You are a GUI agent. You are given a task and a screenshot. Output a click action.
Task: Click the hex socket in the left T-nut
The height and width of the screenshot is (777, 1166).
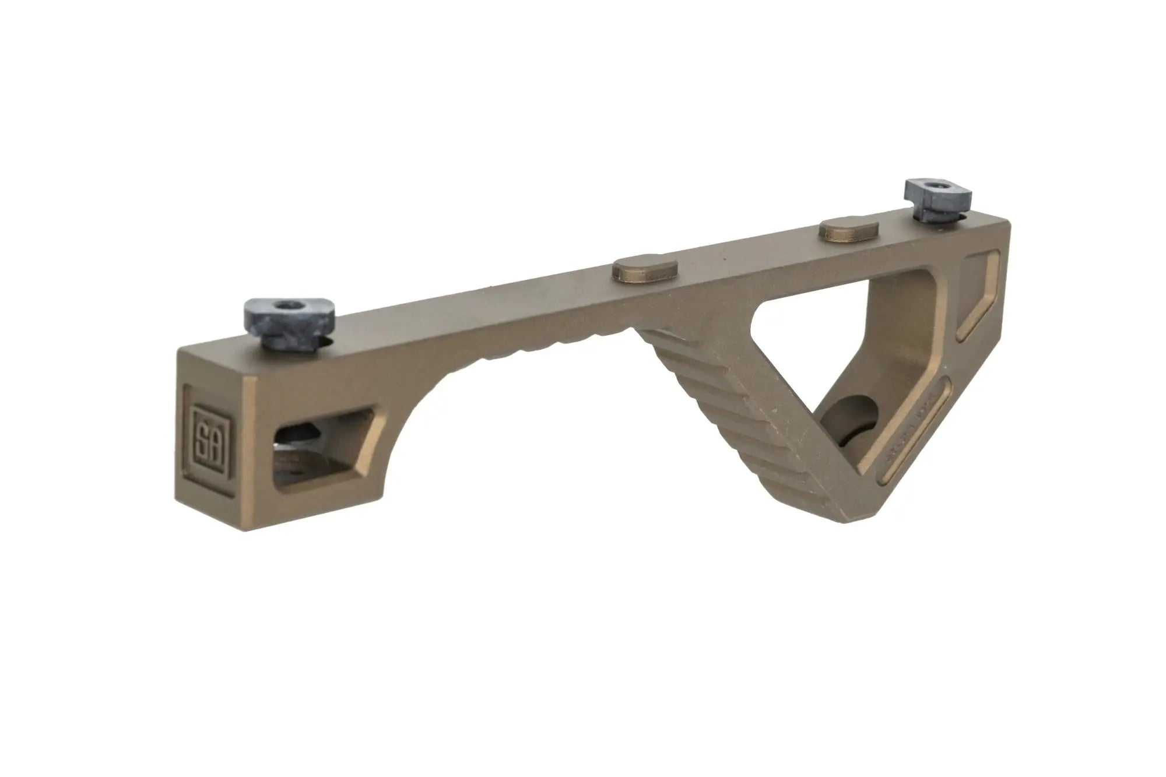(286, 305)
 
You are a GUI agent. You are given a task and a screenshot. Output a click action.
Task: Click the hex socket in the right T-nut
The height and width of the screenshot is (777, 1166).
(937, 188)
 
